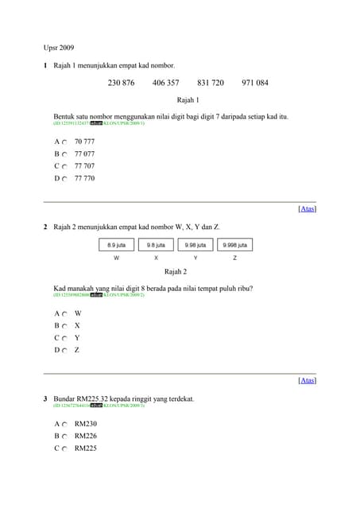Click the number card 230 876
pyautogui.click(x=121, y=83)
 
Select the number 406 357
pyautogui.click(x=165, y=83)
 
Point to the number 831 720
pyautogui.click(x=211, y=83)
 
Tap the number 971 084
pyautogui.click(x=255, y=83)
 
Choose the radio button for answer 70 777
pyautogui.click(x=64, y=142)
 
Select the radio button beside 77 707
pyautogui.click(x=64, y=166)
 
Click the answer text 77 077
pyautogui.click(x=84, y=153)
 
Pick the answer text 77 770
pyautogui.click(x=84, y=178)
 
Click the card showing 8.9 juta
pyautogui.click(x=117, y=245)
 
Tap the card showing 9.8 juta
pyautogui.click(x=156, y=245)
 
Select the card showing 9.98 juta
pyautogui.click(x=195, y=245)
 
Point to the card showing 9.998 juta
pyautogui.click(x=234, y=245)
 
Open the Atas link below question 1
pyautogui.click(x=307, y=208)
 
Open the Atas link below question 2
pyautogui.click(x=307, y=380)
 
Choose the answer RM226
pyautogui.click(x=85, y=436)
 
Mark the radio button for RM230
pyautogui.click(x=64, y=424)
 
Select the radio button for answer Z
pyautogui.click(x=64, y=350)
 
